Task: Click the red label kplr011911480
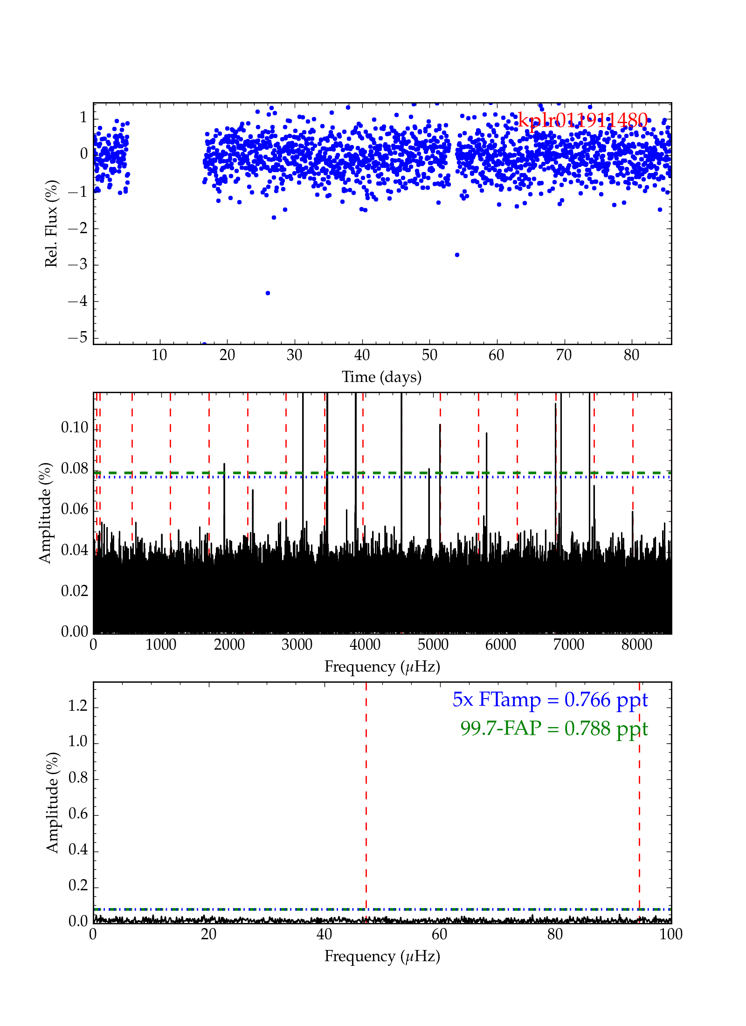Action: [x=583, y=121]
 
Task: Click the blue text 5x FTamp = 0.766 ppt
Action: [x=550, y=700]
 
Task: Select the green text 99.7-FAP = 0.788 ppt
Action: [x=554, y=728]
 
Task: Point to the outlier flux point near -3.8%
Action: [x=268, y=293]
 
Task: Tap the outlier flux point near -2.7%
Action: [x=457, y=255]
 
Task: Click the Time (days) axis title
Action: [x=381, y=377]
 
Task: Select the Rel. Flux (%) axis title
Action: [x=51, y=223]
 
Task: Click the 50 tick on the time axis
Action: [x=429, y=355]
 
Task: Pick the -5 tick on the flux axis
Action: [x=78, y=337]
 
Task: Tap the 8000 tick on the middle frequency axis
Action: [x=636, y=645]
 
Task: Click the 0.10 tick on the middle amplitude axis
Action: [x=75, y=427]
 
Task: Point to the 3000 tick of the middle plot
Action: [x=297, y=645]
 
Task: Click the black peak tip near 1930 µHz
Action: [x=224, y=464]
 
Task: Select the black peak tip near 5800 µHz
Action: [x=486, y=433]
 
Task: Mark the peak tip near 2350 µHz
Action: [x=253, y=490]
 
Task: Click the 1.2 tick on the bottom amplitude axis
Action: [x=78, y=706]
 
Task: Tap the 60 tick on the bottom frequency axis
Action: [x=440, y=934]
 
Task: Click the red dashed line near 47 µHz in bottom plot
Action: [x=366, y=793]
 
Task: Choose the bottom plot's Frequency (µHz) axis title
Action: [x=382, y=956]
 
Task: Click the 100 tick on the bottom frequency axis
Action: [x=671, y=934]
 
